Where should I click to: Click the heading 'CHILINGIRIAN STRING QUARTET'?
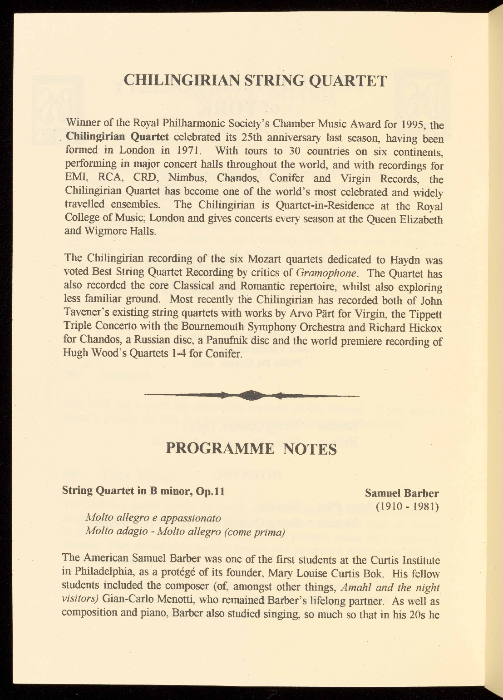(x=255, y=81)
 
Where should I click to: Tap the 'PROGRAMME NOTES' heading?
(x=251, y=449)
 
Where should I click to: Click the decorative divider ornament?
(x=251, y=396)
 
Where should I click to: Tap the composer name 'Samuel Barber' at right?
(x=402, y=493)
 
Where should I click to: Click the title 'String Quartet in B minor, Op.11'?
(x=143, y=491)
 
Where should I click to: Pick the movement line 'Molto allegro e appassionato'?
(x=153, y=518)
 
